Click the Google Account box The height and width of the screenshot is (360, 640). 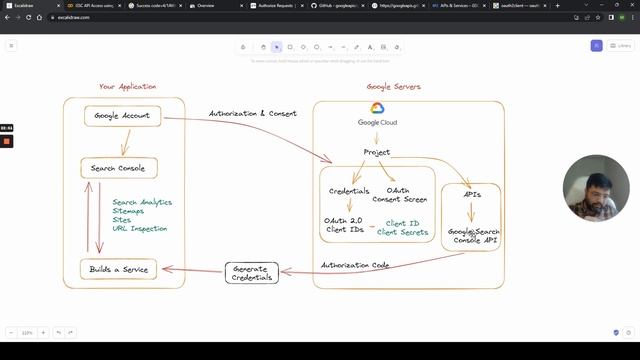[x=122, y=116]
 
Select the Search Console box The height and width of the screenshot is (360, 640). [x=118, y=168]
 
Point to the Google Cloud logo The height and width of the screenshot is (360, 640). [x=378, y=109]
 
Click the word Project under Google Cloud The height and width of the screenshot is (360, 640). [x=377, y=152]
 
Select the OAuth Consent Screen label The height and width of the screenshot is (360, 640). [x=401, y=195]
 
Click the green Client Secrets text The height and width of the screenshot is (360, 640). [x=403, y=232]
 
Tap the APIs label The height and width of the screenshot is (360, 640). [x=473, y=194]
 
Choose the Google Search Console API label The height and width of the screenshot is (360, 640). [x=474, y=236]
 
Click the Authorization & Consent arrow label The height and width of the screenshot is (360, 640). [x=251, y=113]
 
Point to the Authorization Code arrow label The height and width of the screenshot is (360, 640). [x=355, y=264]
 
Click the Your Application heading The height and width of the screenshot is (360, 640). [x=127, y=87]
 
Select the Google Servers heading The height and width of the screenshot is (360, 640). [x=393, y=87]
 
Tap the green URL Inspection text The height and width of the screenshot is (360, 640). [x=140, y=228]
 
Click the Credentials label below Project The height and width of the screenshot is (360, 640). [x=349, y=191]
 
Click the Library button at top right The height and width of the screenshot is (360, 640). [x=619, y=46]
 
